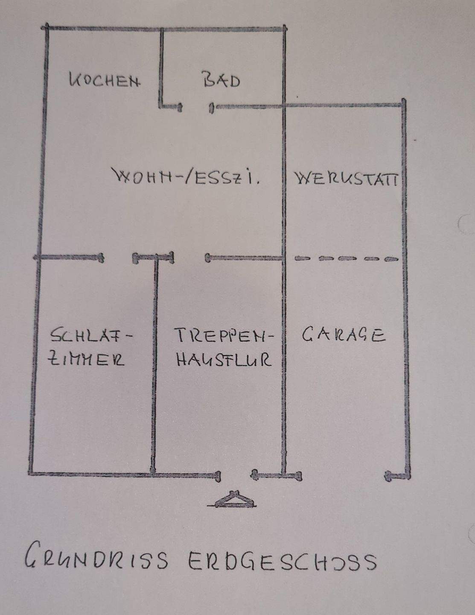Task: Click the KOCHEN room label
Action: point(105,80)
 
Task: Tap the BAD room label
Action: point(221,80)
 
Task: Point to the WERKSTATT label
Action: point(346,178)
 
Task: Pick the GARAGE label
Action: point(344,334)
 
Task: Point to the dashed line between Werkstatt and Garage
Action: point(346,258)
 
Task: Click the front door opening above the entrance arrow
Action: point(236,474)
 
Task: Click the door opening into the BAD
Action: point(196,106)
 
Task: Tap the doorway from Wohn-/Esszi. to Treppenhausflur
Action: point(189,258)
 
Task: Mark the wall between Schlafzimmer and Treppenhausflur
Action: point(154,363)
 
